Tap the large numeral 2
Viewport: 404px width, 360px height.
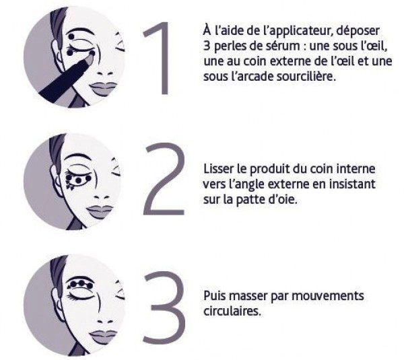[x=164, y=178]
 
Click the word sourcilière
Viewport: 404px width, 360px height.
[x=306, y=77]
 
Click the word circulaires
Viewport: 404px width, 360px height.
[x=232, y=311]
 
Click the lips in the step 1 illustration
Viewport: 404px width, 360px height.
[x=102, y=88]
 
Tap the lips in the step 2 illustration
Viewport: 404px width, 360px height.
[x=100, y=211]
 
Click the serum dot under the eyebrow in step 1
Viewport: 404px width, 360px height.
[x=71, y=37]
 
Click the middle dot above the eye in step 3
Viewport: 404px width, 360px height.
[x=82, y=283]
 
